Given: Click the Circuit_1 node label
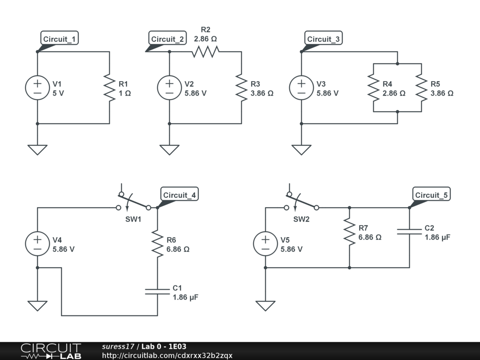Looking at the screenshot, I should click(x=59, y=39).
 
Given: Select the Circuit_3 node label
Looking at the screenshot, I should click(x=323, y=39).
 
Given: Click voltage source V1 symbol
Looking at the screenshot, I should click(x=37, y=88).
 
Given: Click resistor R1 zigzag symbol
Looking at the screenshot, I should click(x=109, y=88).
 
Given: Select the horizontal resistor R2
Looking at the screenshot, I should click(x=205, y=52).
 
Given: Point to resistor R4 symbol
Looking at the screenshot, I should click(x=374, y=88).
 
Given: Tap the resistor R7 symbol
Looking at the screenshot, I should click(x=349, y=232).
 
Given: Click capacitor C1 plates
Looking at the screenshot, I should click(x=157, y=291).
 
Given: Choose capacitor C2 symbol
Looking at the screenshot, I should click(x=409, y=231).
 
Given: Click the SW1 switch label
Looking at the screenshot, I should click(x=133, y=219).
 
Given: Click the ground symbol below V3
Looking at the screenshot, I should click(x=301, y=150).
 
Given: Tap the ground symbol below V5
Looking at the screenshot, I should click(x=265, y=306).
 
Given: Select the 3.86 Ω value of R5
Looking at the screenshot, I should click(x=442, y=93).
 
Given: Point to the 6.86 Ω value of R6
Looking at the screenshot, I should click(x=178, y=249).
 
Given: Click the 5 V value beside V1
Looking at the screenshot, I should click(x=58, y=93).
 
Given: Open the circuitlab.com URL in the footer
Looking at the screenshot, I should click(x=167, y=355).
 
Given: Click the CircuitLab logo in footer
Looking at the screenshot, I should click(x=51, y=351).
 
